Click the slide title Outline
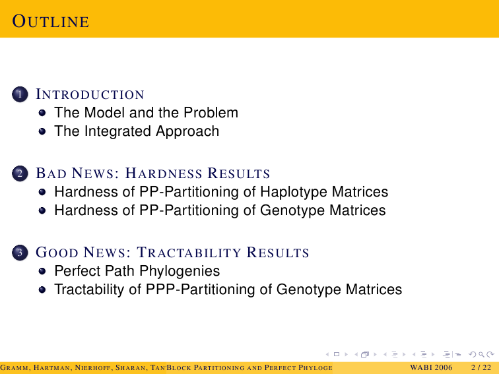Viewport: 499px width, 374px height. [51, 22]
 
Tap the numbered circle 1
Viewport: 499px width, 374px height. [20, 94]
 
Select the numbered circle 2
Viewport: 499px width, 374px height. [20, 173]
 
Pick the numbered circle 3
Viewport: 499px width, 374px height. [20, 253]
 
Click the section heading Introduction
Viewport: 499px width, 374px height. [90, 94]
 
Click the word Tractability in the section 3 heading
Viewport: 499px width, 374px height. [189, 253]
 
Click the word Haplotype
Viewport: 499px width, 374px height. [294, 192]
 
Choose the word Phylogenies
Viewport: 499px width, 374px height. [180, 271]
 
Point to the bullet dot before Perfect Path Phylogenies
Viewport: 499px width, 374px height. [42, 271]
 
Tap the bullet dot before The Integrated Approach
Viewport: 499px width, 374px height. [42, 131]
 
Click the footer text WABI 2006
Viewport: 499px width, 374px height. [431, 367]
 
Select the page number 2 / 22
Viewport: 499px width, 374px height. [481, 367]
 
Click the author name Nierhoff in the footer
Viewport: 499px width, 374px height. [94, 368]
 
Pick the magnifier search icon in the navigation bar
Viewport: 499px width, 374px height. [481, 354]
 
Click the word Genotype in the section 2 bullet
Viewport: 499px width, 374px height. [293, 210]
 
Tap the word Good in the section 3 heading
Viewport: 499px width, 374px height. [57, 253]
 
